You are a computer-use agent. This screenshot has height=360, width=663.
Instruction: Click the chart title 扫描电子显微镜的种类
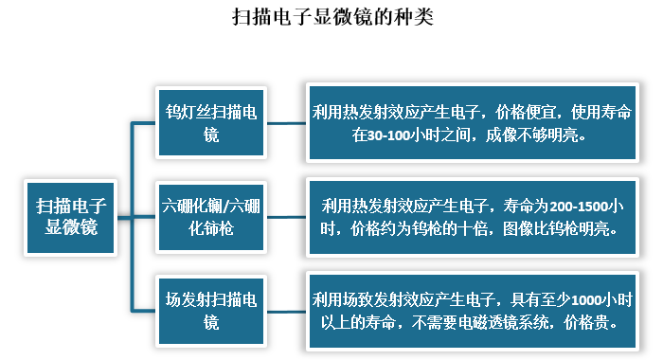[x=331, y=18]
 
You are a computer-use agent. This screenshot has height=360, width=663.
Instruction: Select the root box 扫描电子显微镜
[x=71, y=216]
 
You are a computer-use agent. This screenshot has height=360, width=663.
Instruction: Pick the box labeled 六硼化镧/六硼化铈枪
[x=211, y=216]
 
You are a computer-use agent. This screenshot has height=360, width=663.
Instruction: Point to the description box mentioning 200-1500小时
[x=474, y=216]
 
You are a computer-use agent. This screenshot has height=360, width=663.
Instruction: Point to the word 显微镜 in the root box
[x=72, y=226]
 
